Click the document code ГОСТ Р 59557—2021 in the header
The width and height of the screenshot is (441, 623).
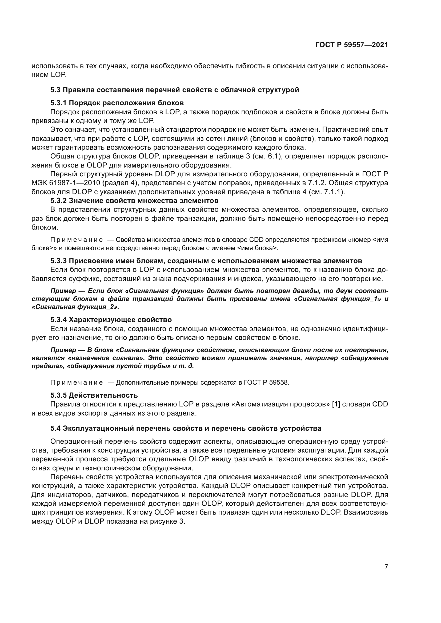(351, 45)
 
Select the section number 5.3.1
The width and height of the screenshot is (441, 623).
(58, 103)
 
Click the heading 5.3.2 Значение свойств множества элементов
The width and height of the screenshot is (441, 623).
(134, 201)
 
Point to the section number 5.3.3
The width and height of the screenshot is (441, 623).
(58, 261)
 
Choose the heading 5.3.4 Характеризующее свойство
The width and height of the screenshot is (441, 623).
(111, 320)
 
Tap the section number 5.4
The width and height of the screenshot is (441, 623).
(55, 429)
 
